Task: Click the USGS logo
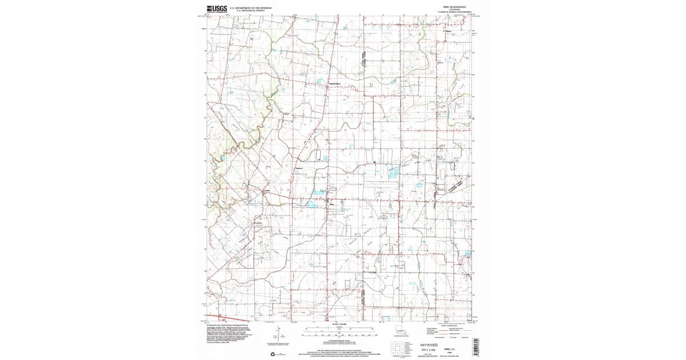217,9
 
